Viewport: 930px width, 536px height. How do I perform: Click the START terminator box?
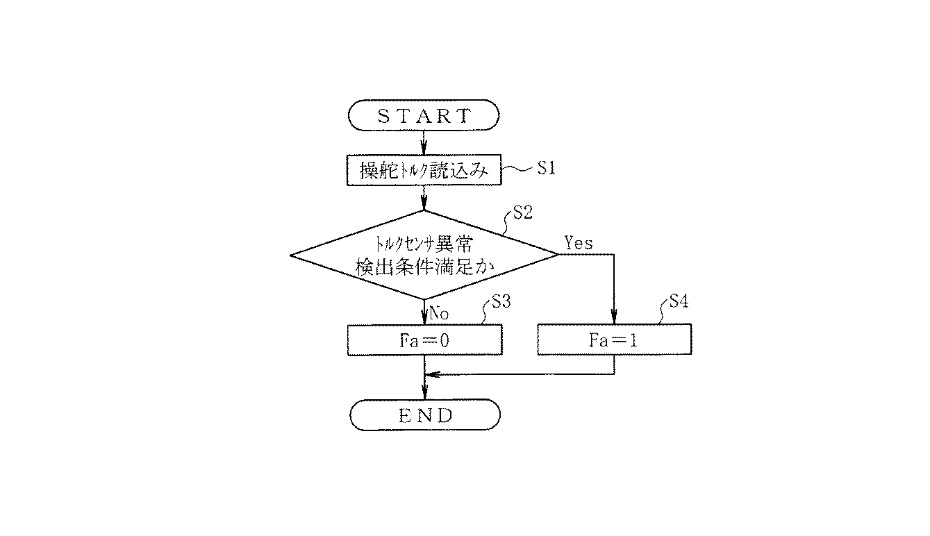pos(424,115)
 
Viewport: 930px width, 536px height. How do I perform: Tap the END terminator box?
pos(424,415)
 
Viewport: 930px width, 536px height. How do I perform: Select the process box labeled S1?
pos(424,171)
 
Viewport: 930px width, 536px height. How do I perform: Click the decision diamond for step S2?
pos(424,254)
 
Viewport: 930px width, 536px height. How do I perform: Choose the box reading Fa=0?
pos(424,341)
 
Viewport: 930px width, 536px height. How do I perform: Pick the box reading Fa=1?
pos(614,341)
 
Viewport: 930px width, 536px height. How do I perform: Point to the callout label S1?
pos(547,169)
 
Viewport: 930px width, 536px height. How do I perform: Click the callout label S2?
pos(522,213)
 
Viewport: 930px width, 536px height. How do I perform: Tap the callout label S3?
pos(501,302)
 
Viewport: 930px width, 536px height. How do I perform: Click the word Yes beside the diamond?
pos(579,243)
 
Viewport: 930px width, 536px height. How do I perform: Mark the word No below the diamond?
pos(439,314)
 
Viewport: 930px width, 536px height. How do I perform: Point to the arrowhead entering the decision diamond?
pos(424,206)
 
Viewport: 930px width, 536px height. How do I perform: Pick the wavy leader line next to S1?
pos(517,169)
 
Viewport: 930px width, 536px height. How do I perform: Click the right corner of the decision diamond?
pos(557,254)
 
